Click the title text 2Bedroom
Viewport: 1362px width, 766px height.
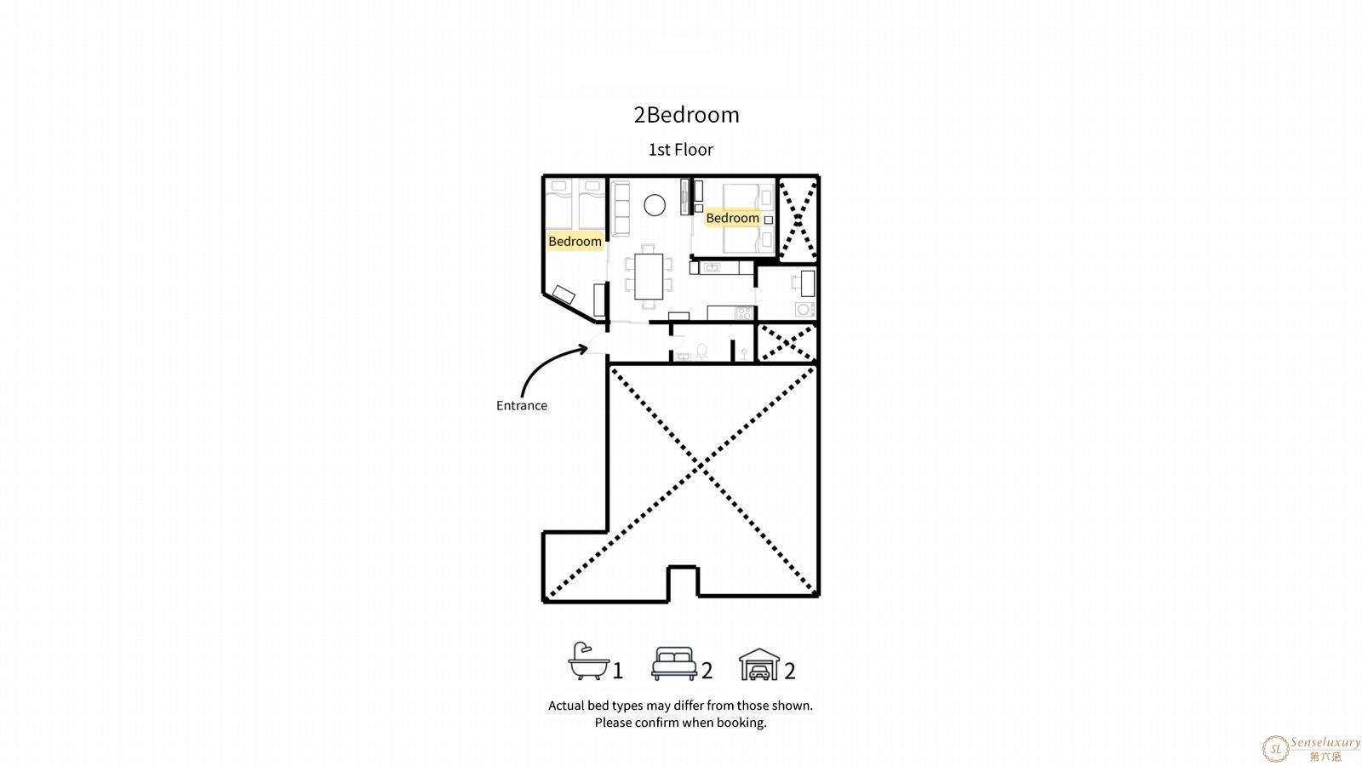click(686, 115)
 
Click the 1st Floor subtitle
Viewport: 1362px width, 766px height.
click(681, 150)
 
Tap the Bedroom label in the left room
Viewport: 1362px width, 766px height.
click(575, 242)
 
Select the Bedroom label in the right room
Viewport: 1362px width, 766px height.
click(733, 218)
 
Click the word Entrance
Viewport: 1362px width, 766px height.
click(522, 405)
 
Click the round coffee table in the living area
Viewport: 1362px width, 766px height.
click(655, 205)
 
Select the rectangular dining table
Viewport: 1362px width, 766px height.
click(649, 277)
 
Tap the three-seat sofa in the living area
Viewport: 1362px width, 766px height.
click(621, 209)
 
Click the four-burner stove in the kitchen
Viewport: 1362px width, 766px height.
click(744, 313)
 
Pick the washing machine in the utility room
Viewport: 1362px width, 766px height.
click(804, 310)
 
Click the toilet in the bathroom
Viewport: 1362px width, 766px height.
click(701, 352)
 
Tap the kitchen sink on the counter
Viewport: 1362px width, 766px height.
click(712, 267)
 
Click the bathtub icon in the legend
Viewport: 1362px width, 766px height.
click(588, 660)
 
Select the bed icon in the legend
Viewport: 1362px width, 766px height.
click(674, 663)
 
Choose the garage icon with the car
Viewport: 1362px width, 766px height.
click(759, 664)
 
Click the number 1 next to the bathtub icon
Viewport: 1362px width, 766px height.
click(618, 671)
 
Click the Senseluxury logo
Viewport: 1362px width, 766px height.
click(1311, 748)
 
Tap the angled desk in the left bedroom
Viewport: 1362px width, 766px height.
click(564, 294)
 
